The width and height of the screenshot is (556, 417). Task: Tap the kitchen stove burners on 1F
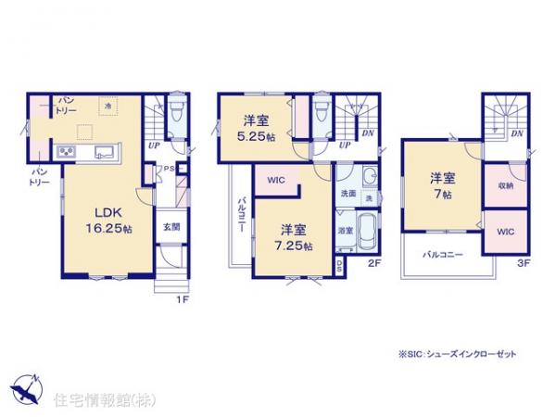pyautogui.click(x=69, y=151)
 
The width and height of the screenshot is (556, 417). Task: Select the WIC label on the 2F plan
pyautogui.click(x=275, y=182)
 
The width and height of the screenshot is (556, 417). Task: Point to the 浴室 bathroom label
pyautogui.click(x=343, y=230)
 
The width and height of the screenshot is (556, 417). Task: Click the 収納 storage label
pyautogui.click(x=505, y=186)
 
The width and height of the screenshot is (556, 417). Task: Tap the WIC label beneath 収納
pyautogui.click(x=505, y=232)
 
